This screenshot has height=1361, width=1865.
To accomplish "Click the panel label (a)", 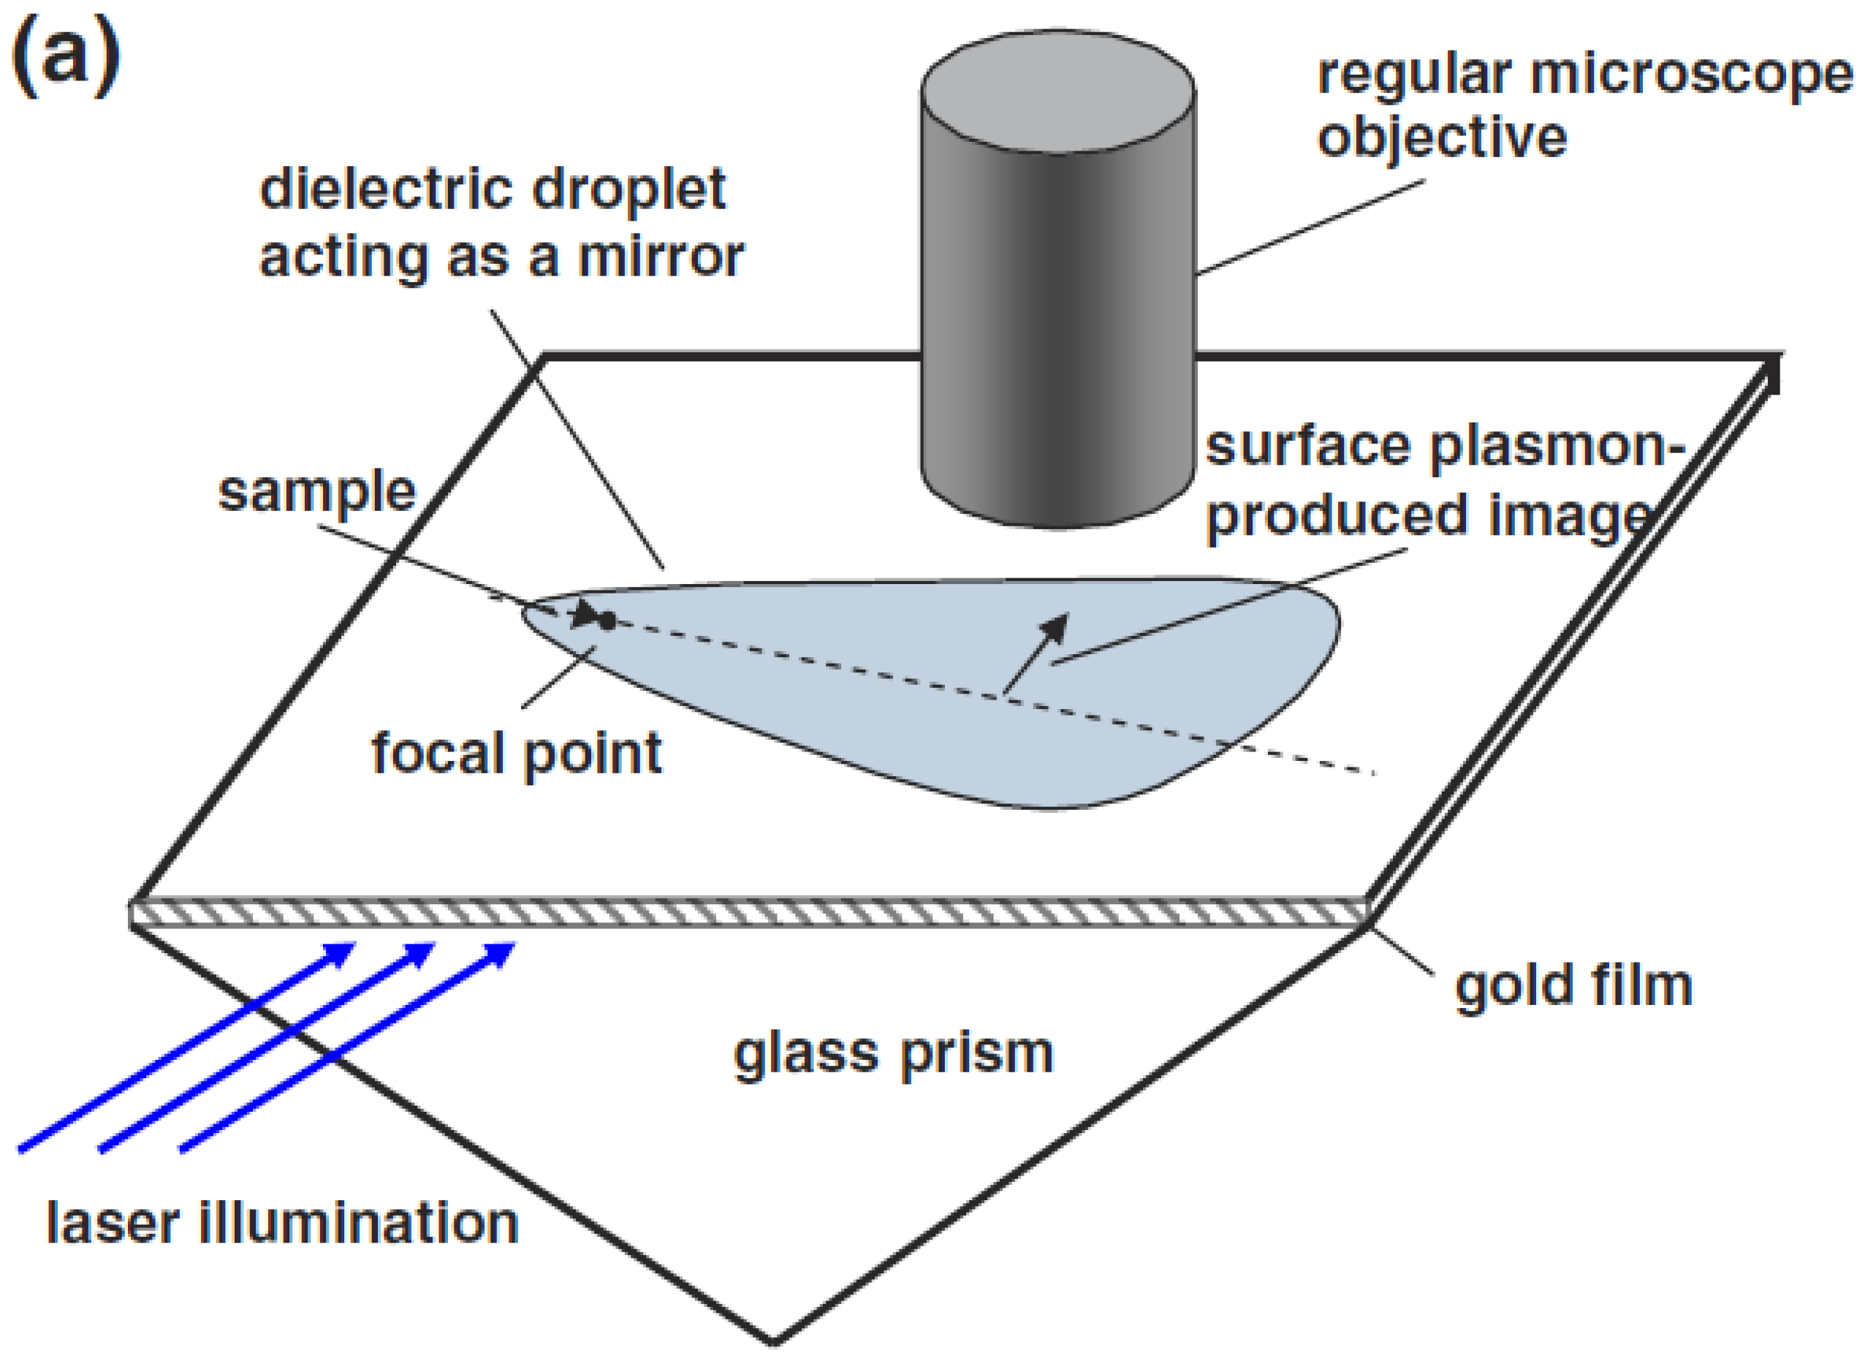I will pos(66,58).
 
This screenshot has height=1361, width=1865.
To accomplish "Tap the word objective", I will pos(1442,138).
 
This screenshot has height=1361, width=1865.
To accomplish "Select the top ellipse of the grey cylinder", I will pos(1057,91).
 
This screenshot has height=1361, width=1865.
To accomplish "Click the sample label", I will pos(316,492).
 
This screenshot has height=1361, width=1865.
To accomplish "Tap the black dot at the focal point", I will pos(607,622).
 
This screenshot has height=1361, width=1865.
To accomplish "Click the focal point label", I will pos(516,753).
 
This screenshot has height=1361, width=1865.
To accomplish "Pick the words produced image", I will pos(1429,518).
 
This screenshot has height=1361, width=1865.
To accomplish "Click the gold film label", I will pos(1573,986).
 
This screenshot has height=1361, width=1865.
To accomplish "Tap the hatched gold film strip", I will pos(741,914).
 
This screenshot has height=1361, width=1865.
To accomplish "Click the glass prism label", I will pos(893,1055).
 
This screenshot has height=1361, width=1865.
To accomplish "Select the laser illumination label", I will pos(282,1224).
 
